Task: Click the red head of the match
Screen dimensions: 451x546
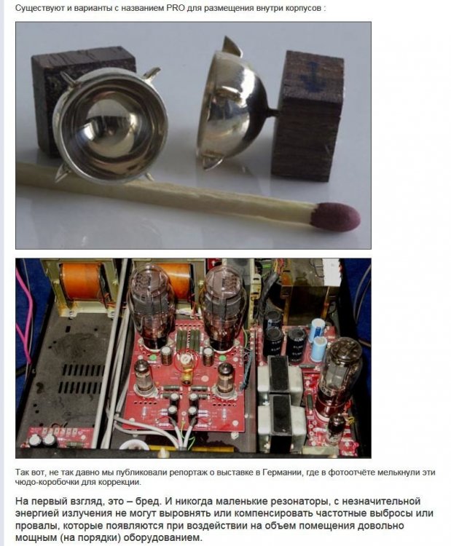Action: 335,216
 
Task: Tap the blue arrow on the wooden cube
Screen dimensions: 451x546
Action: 312,76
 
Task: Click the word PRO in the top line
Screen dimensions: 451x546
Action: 176,7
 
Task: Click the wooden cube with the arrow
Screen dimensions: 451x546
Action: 307,115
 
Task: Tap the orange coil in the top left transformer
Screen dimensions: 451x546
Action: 81,281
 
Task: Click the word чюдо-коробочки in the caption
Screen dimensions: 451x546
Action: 47,482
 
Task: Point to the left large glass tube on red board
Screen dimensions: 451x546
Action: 151,306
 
